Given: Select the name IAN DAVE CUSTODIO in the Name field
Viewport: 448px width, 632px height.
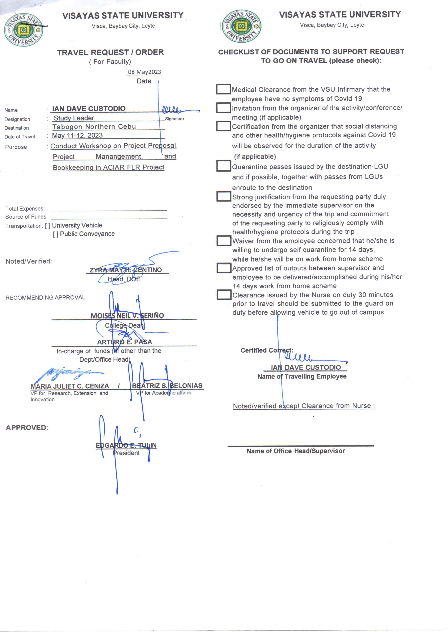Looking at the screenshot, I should tap(89, 109).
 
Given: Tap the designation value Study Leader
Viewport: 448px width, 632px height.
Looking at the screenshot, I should tap(74, 118).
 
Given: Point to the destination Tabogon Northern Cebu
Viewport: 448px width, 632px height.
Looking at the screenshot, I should tap(94, 127).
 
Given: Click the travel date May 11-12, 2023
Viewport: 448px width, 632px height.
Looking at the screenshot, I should tap(77, 136).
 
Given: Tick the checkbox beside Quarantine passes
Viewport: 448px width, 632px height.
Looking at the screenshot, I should tap(223, 166).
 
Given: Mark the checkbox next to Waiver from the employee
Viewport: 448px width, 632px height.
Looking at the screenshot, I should tap(223, 240).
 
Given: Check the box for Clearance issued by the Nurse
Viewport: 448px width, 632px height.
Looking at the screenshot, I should tap(223, 294).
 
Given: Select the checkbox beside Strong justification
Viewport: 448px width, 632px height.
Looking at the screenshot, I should tap(223, 196).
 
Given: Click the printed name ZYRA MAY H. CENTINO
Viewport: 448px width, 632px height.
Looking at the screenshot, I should tap(125, 270).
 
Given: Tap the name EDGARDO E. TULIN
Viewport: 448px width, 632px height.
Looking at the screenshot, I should tap(126, 445).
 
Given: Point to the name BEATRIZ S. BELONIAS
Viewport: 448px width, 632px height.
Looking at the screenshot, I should tap(167, 386).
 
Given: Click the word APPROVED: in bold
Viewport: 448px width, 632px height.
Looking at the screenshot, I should tap(27, 428).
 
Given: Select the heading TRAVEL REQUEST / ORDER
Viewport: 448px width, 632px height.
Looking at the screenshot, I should tap(110, 52).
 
